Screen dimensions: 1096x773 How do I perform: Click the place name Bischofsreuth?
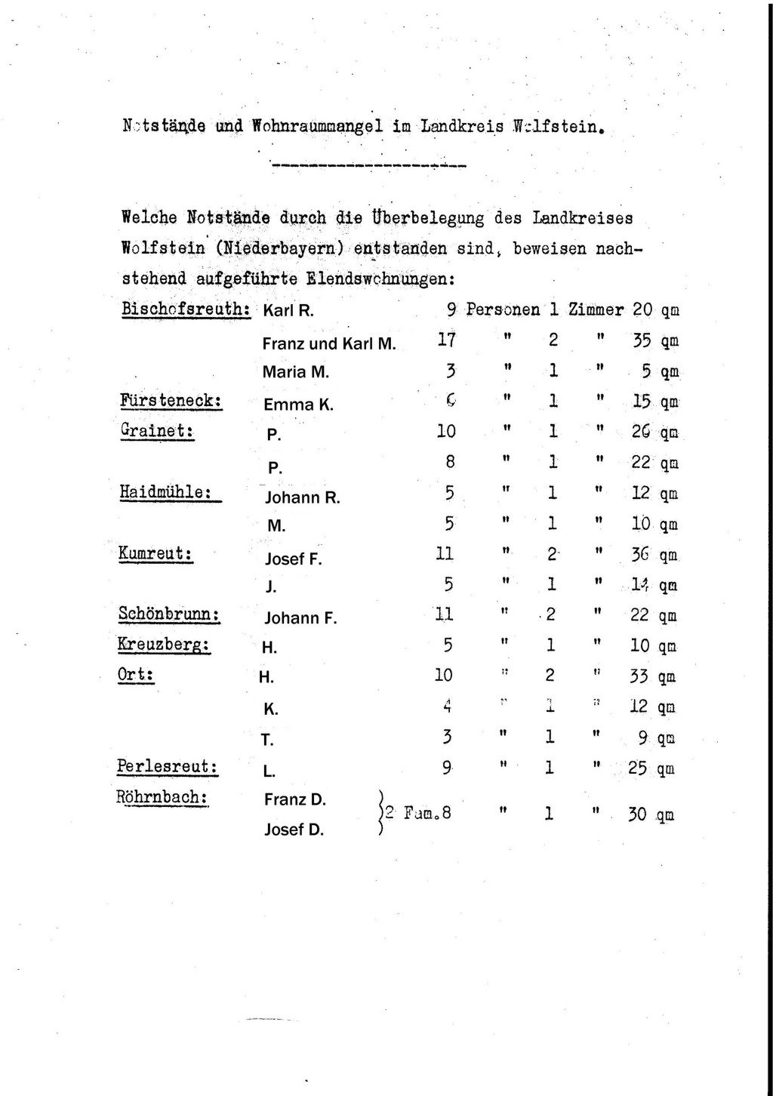click(x=185, y=309)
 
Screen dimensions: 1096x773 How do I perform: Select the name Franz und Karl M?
click(x=329, y=344)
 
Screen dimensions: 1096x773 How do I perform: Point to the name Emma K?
click(x=298, y=405)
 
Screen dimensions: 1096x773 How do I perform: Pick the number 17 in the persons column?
click(x=446, y=340)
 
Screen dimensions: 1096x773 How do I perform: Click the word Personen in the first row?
click(x=503, y=309)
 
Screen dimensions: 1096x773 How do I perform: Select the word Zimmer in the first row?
click(x=596, y=309)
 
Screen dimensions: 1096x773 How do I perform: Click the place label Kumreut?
click(x=156, y=553)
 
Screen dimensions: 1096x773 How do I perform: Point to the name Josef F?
click(x=294, y=559)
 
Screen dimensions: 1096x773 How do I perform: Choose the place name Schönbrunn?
click(x=169, y=614)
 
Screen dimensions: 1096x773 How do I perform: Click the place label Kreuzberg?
click(x=164, y=645)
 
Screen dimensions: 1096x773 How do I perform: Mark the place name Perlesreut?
click(x=168, y=767)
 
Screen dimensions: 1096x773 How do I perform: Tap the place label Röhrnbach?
click(x=162, y=797)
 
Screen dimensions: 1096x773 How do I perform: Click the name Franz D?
click(x=294, y=799)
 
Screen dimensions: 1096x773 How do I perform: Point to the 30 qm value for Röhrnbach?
click(x=650, y=815)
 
